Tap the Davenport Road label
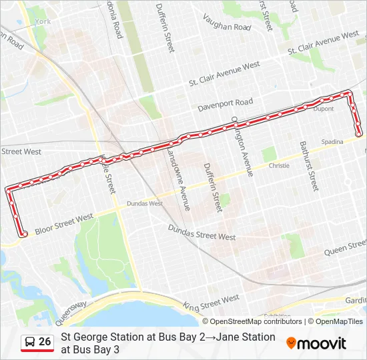226,104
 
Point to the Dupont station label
324,108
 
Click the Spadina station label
332,142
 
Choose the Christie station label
279,165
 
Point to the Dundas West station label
145,203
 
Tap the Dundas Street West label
202,231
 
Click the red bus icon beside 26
30,342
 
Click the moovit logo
316,343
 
